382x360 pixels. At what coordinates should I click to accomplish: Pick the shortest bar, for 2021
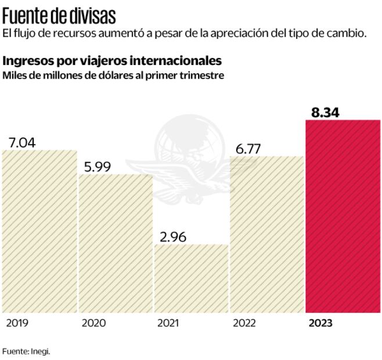pyautogui.click(x=192, y=278)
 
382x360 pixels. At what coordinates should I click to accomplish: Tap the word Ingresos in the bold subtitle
pyautogui.click(x=26, y=61)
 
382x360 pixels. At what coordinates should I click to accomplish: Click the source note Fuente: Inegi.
pyautogui.click(x=26, y=351)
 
